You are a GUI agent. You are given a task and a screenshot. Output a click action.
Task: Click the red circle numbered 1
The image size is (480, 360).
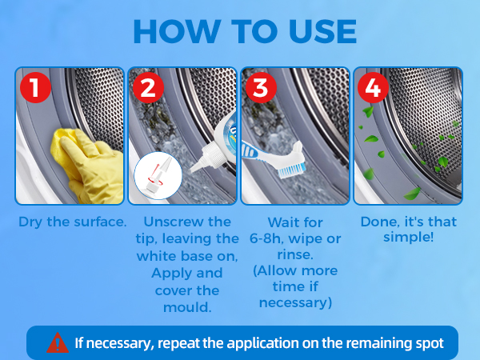(35, 87)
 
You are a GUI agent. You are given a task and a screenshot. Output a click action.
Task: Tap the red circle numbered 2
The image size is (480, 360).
(148, 87)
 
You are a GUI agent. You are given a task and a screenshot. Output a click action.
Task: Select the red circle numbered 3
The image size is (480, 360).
(261, 87)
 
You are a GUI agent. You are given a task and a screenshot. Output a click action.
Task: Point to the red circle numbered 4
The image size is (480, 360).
(373, 87)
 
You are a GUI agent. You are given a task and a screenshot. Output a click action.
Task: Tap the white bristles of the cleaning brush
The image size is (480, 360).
(291, 171)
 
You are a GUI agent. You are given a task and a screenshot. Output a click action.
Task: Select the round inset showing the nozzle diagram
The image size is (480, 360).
(158, 176)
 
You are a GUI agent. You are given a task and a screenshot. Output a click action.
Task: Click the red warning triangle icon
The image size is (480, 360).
(58, 343)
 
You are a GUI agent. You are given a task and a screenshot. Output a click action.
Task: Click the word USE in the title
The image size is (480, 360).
(322, 31)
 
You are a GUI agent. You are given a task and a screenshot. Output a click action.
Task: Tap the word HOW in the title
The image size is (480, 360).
(177, 31)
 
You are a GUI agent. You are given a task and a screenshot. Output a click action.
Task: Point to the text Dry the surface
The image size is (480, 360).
(73, 222)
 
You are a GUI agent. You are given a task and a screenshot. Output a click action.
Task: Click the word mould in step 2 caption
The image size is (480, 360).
(186, 307)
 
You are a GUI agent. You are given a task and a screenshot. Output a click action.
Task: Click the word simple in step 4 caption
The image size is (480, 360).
(406, 238)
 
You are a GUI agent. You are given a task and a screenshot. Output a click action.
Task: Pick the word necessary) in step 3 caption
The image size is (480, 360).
(295, 302)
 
